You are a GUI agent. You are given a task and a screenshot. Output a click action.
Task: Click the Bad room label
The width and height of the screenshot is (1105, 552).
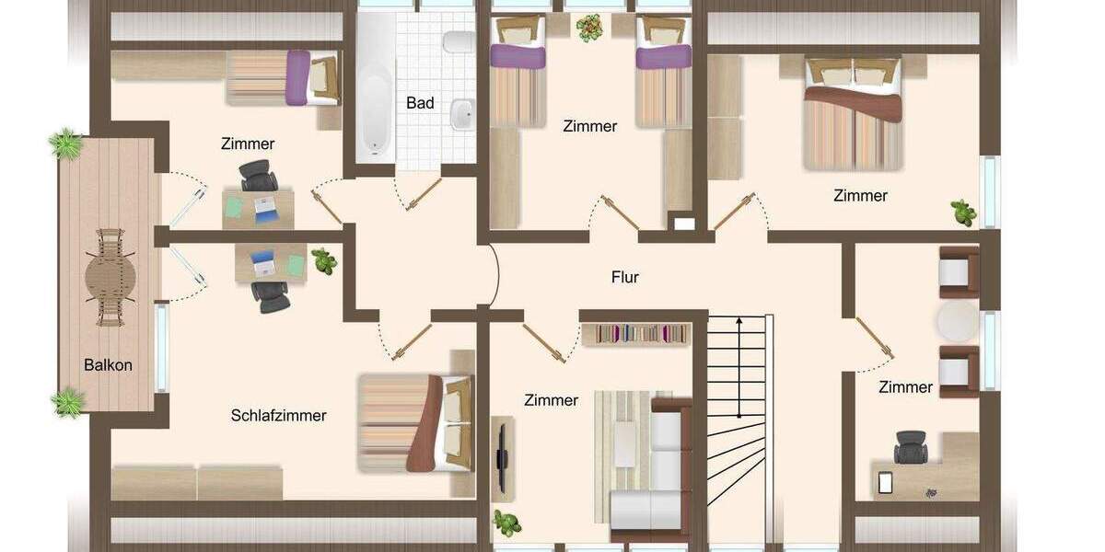click(x=420, y=103)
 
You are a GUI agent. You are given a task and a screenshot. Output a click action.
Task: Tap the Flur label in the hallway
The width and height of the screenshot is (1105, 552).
click(x=624, y=276)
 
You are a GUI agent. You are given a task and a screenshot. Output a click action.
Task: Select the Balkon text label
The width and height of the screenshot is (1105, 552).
click(x=108, y=364)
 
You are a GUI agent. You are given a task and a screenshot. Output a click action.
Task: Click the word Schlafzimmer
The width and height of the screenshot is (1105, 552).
click(x=278, y=415)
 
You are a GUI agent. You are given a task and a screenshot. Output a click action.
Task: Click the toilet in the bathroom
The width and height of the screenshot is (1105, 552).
click(x=455, y=42)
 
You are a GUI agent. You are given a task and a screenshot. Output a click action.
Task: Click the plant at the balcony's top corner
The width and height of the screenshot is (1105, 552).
click(x=65, y=144)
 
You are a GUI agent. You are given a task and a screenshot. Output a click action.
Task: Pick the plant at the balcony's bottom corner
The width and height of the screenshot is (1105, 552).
click(x=68, y=402)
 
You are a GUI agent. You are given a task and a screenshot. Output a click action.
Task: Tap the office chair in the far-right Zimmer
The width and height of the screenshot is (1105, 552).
click(x=911, y=447)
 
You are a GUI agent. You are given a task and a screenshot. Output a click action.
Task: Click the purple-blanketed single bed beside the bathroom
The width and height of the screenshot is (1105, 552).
click(x=284, y=77)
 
